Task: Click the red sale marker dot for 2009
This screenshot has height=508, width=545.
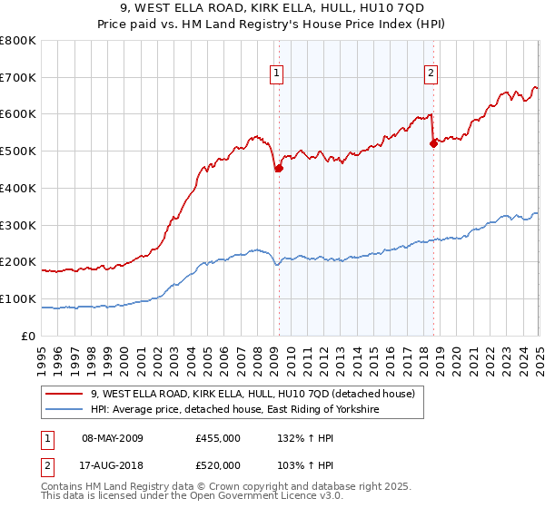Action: pos(279,167)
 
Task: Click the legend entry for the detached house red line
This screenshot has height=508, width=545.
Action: pos(253,394)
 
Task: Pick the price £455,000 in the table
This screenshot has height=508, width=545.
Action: pos(217,438)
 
